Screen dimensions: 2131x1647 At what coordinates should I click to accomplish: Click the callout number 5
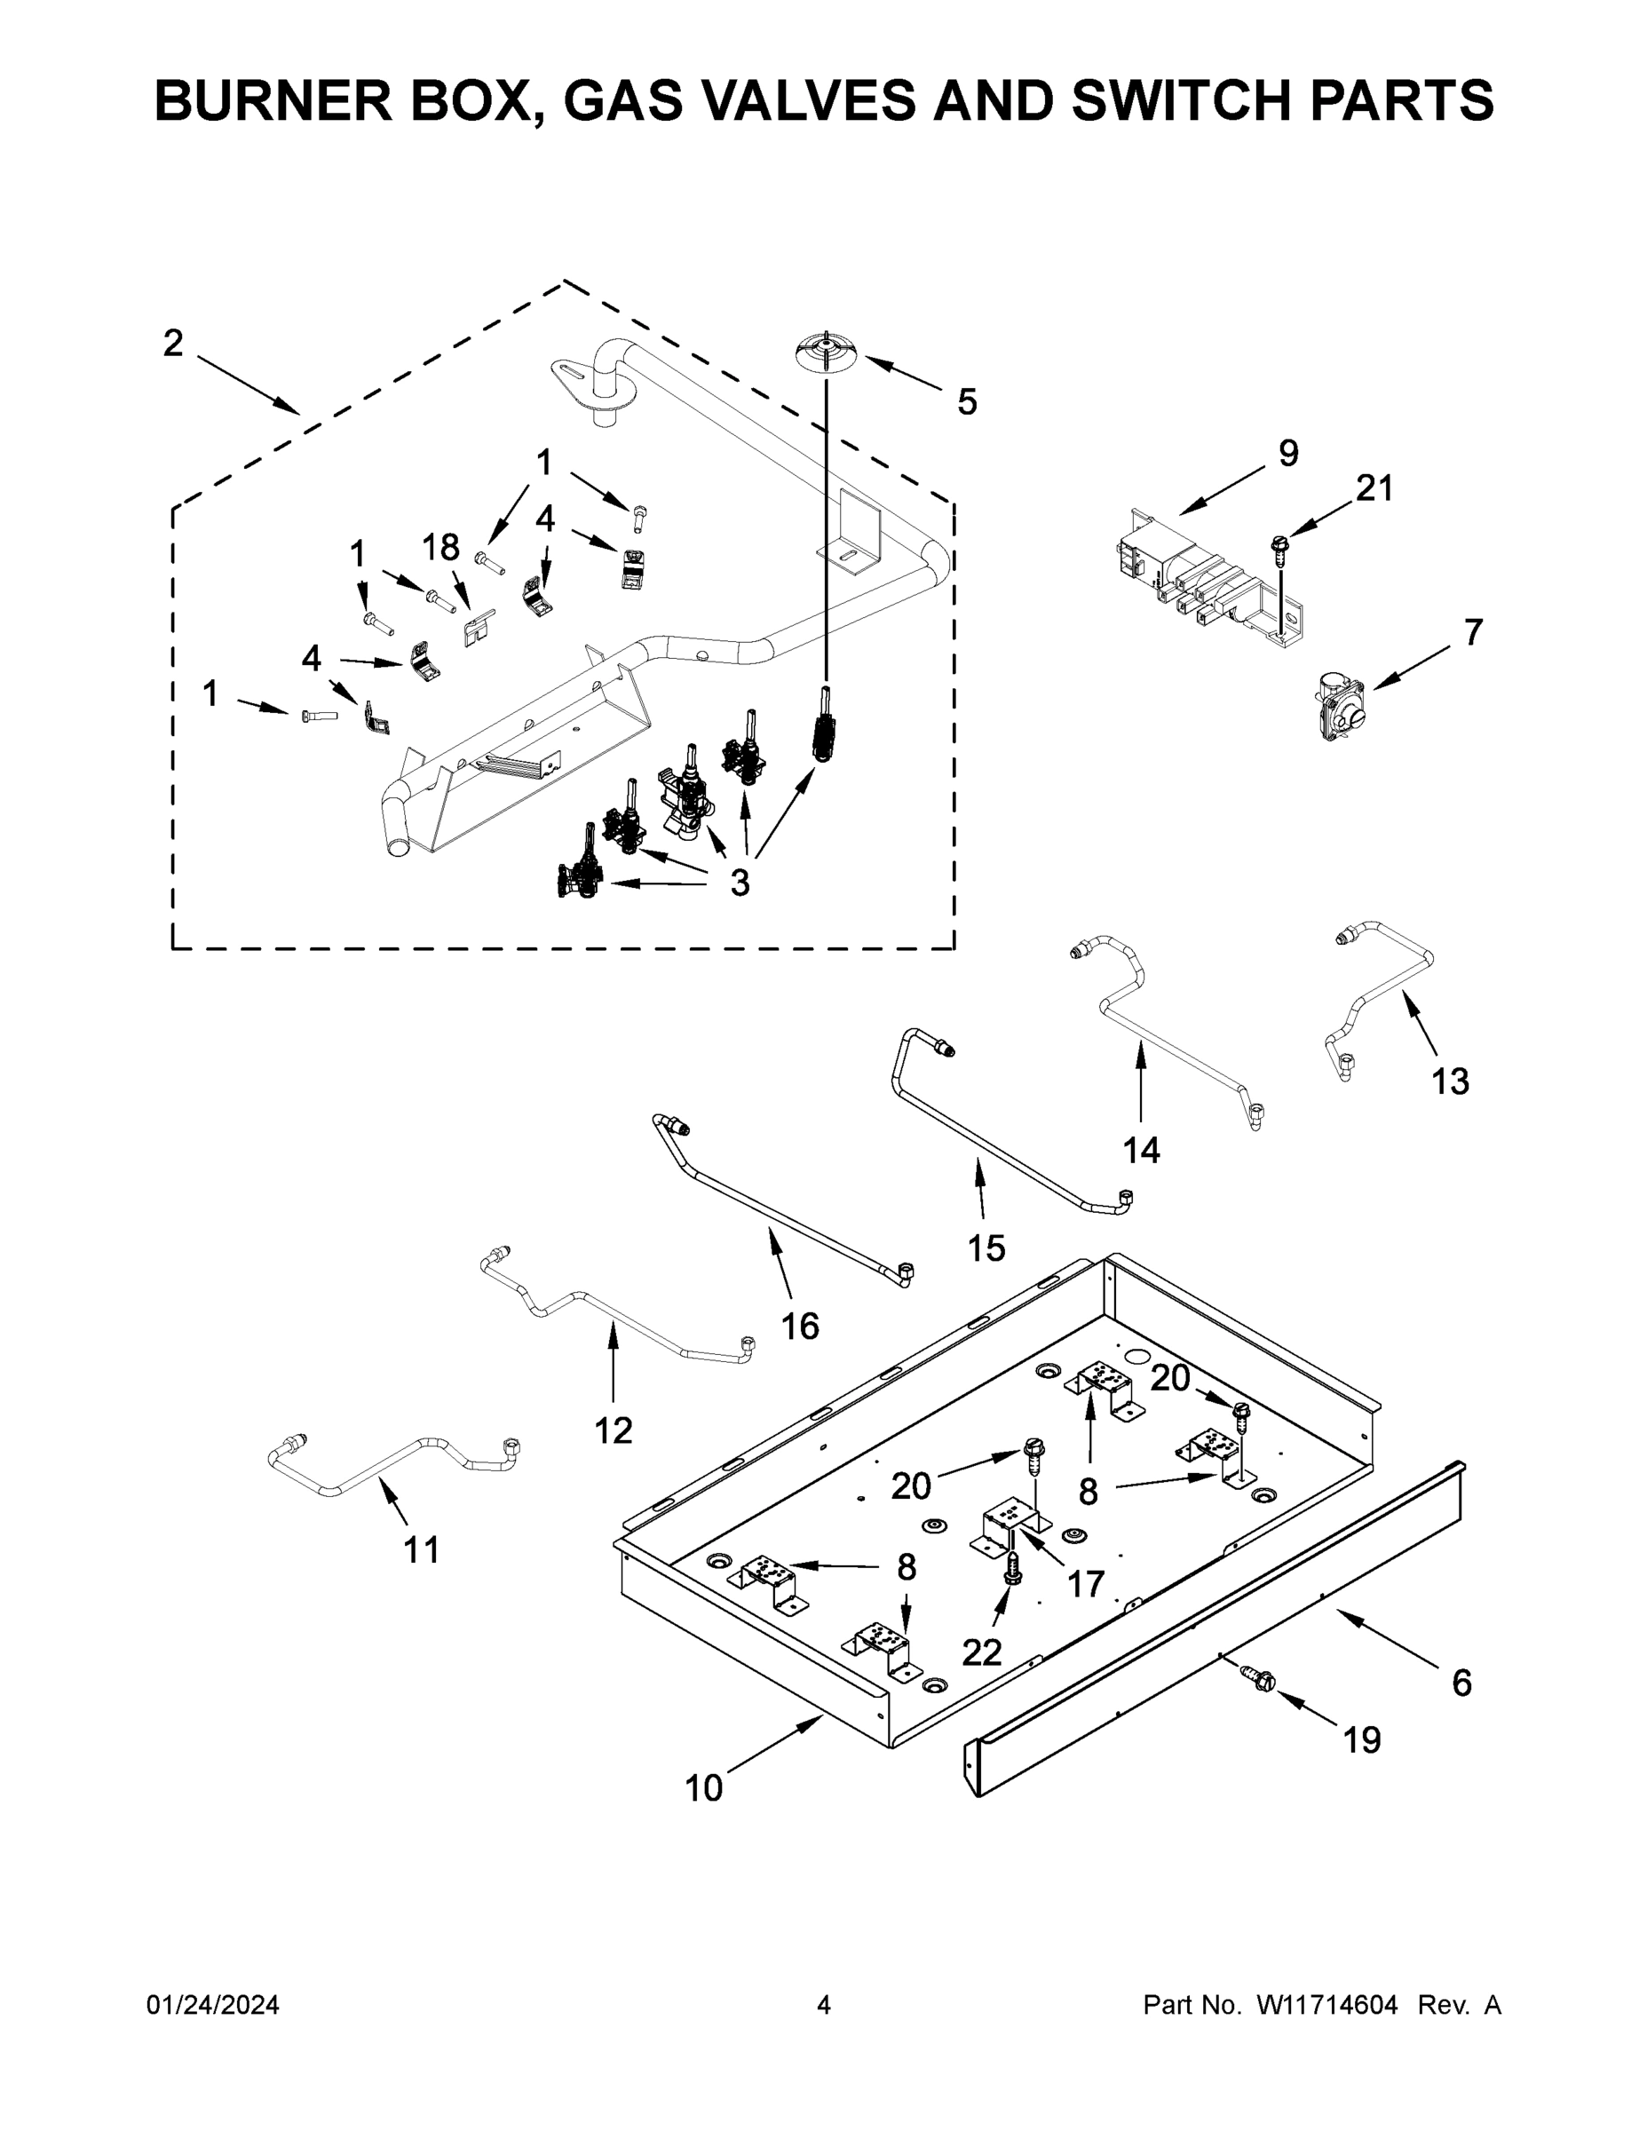tap(966, 401)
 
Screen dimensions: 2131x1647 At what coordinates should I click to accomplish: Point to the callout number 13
tap(1450, 1081)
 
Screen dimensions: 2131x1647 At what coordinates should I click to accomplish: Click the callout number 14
tap(1141, 1151)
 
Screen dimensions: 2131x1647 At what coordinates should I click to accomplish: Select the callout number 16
tap(800, 1326)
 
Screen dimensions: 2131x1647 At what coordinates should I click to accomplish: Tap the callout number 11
tap(422, 1549)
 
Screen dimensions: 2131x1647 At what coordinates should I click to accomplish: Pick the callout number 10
tap(703, 1788)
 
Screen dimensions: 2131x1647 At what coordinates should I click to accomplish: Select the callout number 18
tap(441, 549)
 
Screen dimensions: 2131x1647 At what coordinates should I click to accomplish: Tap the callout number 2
tap(173, 344)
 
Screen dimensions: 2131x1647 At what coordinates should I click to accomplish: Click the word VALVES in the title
tap(790, 100)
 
